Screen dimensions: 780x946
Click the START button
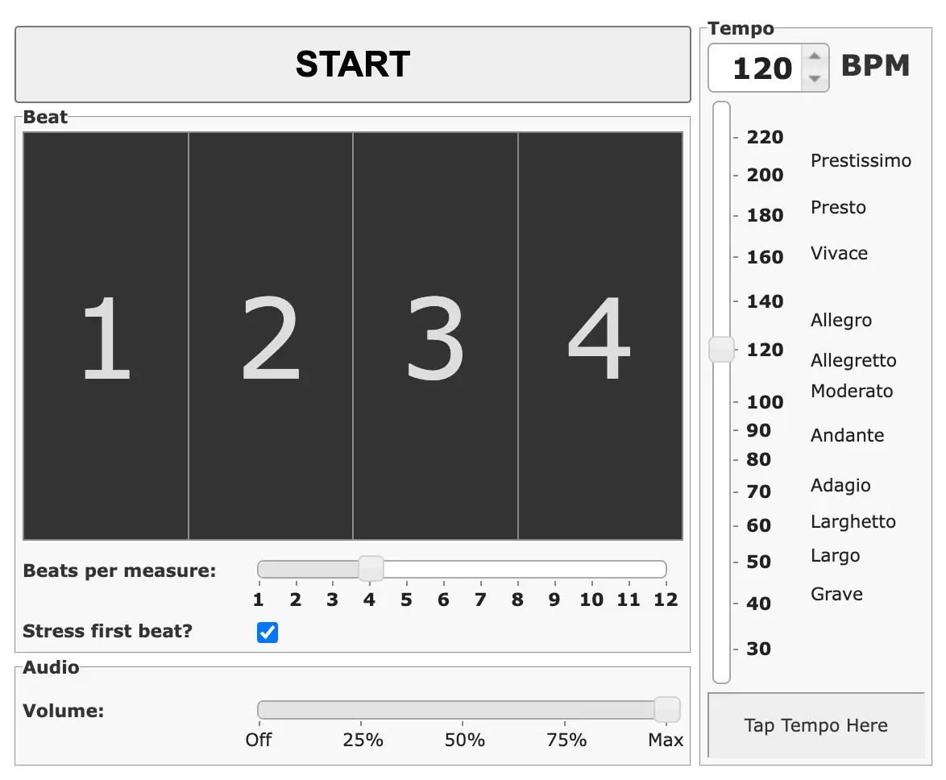click(x=352, y=64)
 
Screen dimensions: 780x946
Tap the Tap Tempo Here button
click(x=815, y=725)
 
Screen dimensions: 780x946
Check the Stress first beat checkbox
click(x=268, y=633)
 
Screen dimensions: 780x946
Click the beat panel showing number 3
click(x=435, y=336)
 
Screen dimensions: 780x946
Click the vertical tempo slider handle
click(x=721, y=350)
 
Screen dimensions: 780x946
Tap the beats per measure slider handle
click(x=371, y=569)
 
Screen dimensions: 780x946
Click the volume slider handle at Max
click(x=666, y=710)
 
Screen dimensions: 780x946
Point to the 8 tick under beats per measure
click(x=517, y=600)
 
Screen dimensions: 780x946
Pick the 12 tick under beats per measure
click(x=666, y=600)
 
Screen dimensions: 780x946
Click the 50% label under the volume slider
click(x=465, y=740)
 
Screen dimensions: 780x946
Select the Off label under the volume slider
click(x=259, y=740)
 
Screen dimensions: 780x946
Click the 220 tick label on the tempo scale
click(x=765, y=137)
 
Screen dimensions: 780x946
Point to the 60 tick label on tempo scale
click(x=758, y=525)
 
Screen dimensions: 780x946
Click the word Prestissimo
click(x=861, y=160)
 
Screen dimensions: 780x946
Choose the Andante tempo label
click(x=847, y=435)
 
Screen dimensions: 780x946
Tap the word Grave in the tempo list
click(x=836, y=594)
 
